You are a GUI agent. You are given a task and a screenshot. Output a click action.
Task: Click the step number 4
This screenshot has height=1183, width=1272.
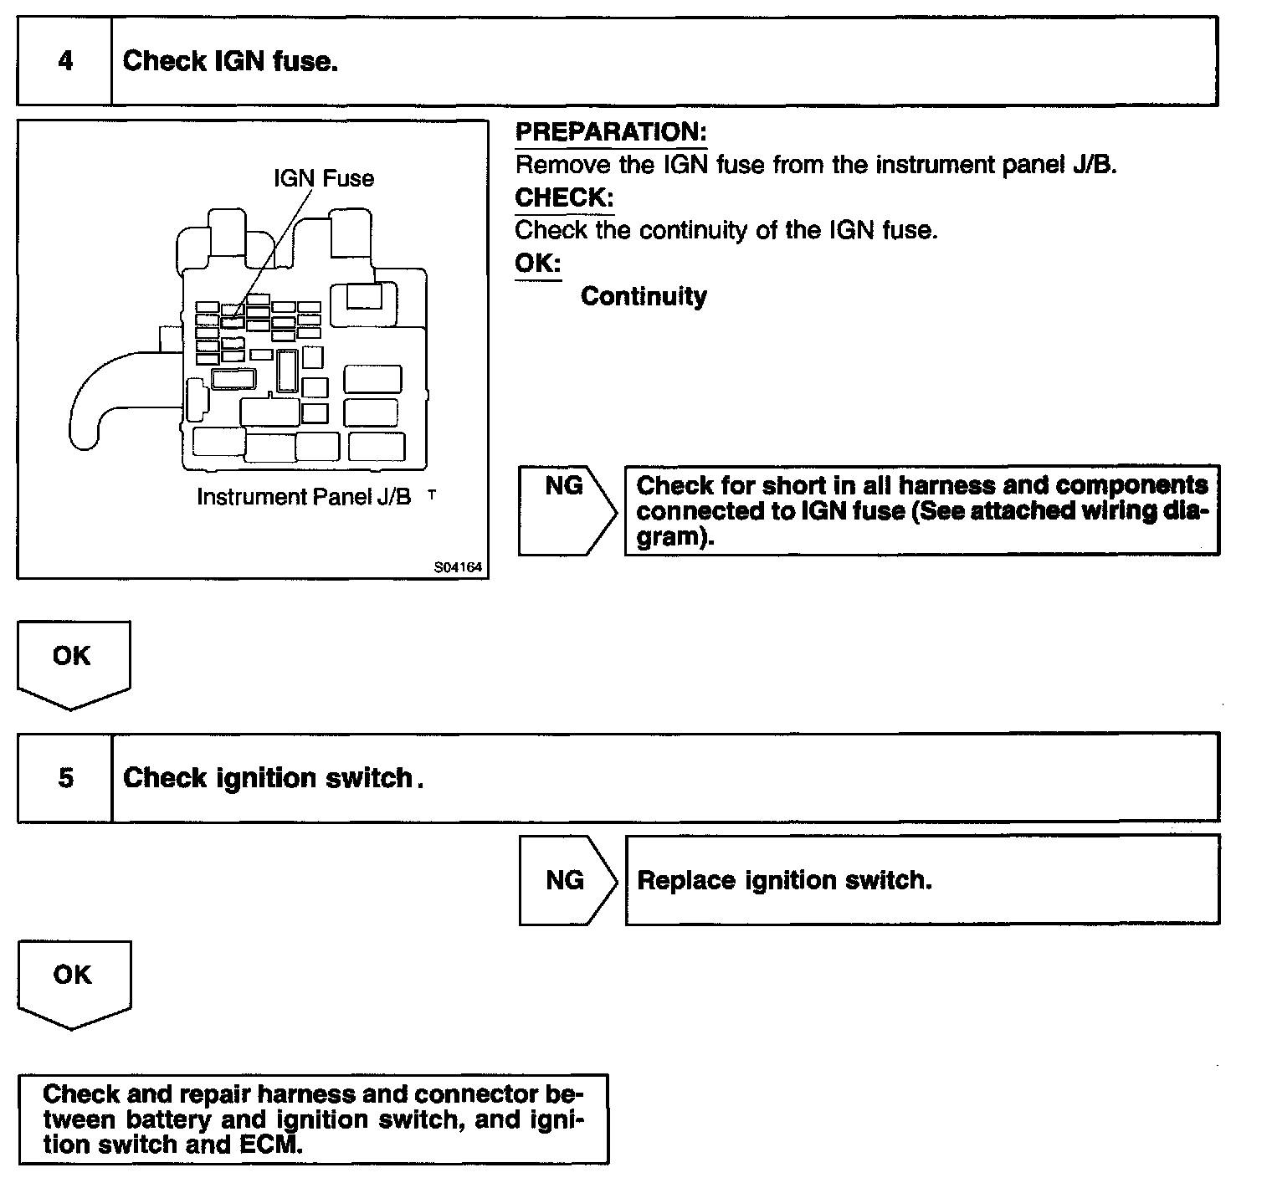pos(65,61)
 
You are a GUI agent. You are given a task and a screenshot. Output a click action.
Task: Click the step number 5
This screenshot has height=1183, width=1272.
pos(65,778)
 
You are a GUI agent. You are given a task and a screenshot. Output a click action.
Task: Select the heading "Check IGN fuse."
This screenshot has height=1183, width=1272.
pos(230,61)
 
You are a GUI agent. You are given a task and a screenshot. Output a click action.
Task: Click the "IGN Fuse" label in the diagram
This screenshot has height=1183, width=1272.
pos(324,178)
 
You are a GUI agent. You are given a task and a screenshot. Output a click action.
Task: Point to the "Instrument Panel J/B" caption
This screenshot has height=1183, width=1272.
pos(304,497)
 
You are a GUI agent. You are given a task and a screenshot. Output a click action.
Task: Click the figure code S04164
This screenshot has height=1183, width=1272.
pos(458,567)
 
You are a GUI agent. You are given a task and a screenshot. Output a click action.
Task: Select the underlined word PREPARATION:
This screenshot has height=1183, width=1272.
pos(611,132)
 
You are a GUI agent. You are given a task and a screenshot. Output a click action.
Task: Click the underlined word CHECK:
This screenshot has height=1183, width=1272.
pos(564,197)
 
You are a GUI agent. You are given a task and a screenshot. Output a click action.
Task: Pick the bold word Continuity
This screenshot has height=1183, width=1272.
pos(644,296)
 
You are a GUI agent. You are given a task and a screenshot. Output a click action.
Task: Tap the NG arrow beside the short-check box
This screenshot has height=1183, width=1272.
pos(566,510)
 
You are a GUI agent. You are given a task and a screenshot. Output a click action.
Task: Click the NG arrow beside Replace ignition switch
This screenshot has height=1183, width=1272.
pos(566,880)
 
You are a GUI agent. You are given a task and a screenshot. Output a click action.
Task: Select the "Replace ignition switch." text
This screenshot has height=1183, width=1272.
pos(784,880)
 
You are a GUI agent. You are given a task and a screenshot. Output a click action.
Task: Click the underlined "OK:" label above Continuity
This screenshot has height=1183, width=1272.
pos(537,264)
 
